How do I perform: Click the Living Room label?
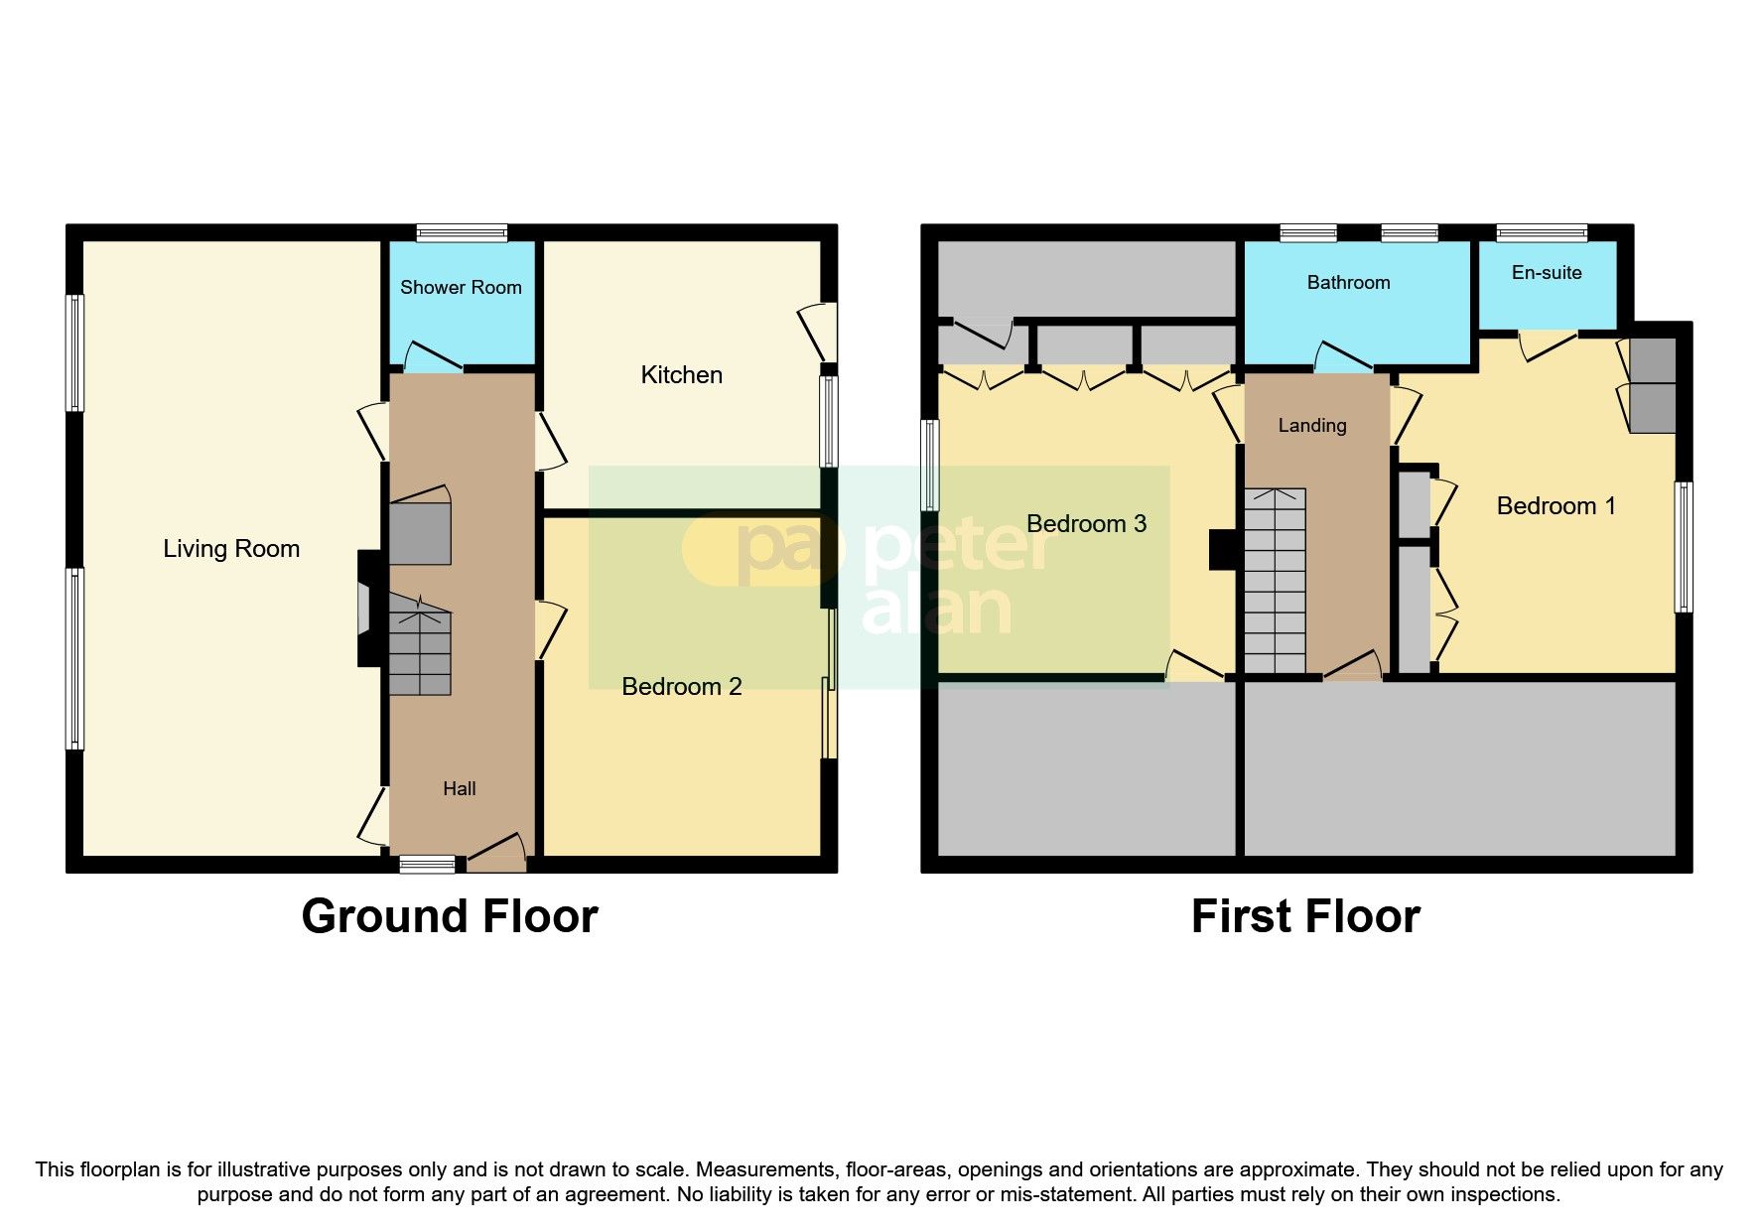coord(231,549)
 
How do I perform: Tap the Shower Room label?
coord(461,288)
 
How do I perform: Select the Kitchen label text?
coord(681,375)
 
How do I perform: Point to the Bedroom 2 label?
coord(681,687)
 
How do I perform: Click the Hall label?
coord(460,789)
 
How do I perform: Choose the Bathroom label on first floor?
coord(1348,283)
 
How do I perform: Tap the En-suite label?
coord(1547,273)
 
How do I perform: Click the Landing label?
coord(1312,426)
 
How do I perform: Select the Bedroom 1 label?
coord(1555,506)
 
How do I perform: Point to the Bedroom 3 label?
coord(1086,524)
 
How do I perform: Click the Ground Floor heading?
coord(450,916)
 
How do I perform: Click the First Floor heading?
coord(1305,916)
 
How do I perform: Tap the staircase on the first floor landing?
coord(1275,581)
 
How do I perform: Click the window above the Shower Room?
coord(462,234)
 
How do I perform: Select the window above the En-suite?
coord(1542,234)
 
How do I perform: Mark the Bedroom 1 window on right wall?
coord(1684,547)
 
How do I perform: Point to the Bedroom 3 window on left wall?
coord(929,465)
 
